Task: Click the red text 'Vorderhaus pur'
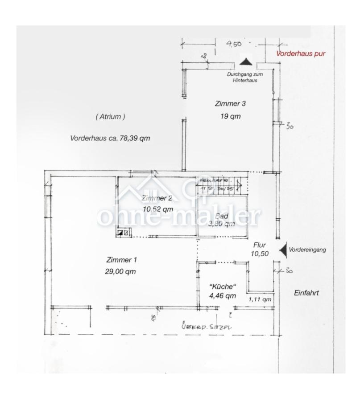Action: pos(301,53)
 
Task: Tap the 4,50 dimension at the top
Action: pos(234,44)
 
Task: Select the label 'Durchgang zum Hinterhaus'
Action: pos(242,78)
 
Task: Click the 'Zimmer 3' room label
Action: pos(230,103)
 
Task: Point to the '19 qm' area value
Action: pos(230,117)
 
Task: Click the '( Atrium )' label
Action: pos(110,116)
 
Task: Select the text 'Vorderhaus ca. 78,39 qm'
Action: pos(110,138)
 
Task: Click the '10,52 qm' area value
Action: pos(158,209)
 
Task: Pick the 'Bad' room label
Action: pos(222,217)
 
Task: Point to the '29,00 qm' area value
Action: pos(121,271)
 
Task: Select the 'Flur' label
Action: pos(260,245)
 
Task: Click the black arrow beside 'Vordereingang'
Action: pos(282,250)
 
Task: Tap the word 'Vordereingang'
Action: pos(307,250)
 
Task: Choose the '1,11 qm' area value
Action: pos(260,299)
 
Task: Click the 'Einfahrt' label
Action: pos(307,293)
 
